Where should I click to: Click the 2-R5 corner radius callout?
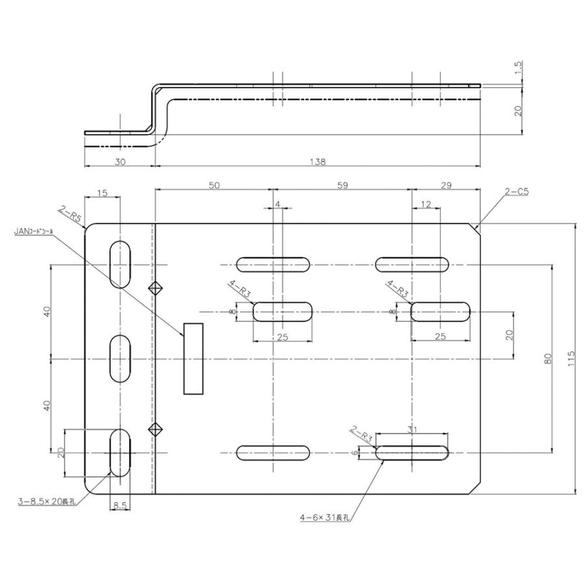pyautogui.click(x=70, y=214)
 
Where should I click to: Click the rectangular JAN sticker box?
pyautogui.click(x=193, y=358)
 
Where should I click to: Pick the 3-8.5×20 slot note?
pyautogui.click(x=46, y=501)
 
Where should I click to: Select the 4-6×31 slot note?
pyautogui.click(x=325, y=518)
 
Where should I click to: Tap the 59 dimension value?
pyautogui.click(x=343, y=185)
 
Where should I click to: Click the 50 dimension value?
pyautogui.click(x=214, y=185)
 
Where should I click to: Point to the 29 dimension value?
pyautogui.click(x=446, y=185)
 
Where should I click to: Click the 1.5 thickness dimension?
pyautogui.click(x=519, y=68)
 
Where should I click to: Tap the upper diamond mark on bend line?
pyautogui.click(x=155, y=289)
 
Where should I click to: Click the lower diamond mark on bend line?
pyautogui.click(x=155, y=428)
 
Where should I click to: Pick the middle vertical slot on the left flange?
pyautogui.click(x=119, y=358)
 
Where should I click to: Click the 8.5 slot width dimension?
pyautogui.click(x=120, y=504)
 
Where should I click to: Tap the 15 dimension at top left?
pyautogui.click(x=103, y=193)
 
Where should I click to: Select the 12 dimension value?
pyautogui.click(x=426, y=205)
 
